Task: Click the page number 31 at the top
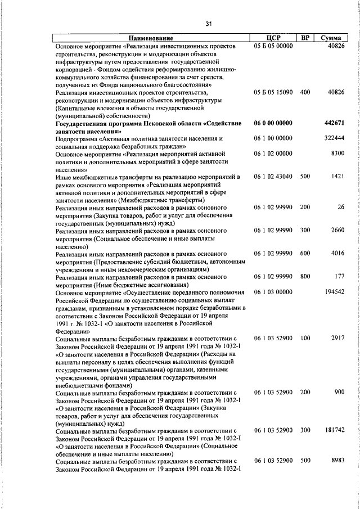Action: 208,24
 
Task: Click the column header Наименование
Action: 148,38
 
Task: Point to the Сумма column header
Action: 331,38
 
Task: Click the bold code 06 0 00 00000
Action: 273,123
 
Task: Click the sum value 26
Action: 340,208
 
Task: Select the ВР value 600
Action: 305,254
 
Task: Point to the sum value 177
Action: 339,277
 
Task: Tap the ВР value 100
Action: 305,338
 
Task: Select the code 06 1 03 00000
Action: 273,292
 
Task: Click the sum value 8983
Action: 337,461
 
